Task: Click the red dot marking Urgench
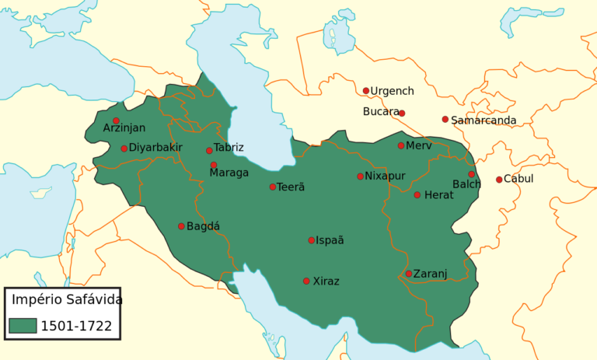(x=366, y=91)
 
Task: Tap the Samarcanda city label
(x=484, y=121)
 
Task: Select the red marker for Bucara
(x=402, y=114)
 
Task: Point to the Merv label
(x=418, y=145)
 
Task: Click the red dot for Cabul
(x=499, y=180)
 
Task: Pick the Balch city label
(x=466, y=184)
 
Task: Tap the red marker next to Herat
(x=417, y=195)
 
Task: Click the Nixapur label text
(x=385, y=177)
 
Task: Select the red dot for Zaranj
(x=409, y=274)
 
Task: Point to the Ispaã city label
(x=330, y=240)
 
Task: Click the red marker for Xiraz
(x=306, y=281)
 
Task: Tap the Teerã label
(x=291, y=187)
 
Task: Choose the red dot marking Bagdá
(x=181, y=226)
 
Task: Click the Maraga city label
(x=229, y=173)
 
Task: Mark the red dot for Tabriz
(x=209, y=151)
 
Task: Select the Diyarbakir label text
(x=155, y=148)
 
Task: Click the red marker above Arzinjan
(x=116, y=121)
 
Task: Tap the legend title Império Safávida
(x=65, y=299)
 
